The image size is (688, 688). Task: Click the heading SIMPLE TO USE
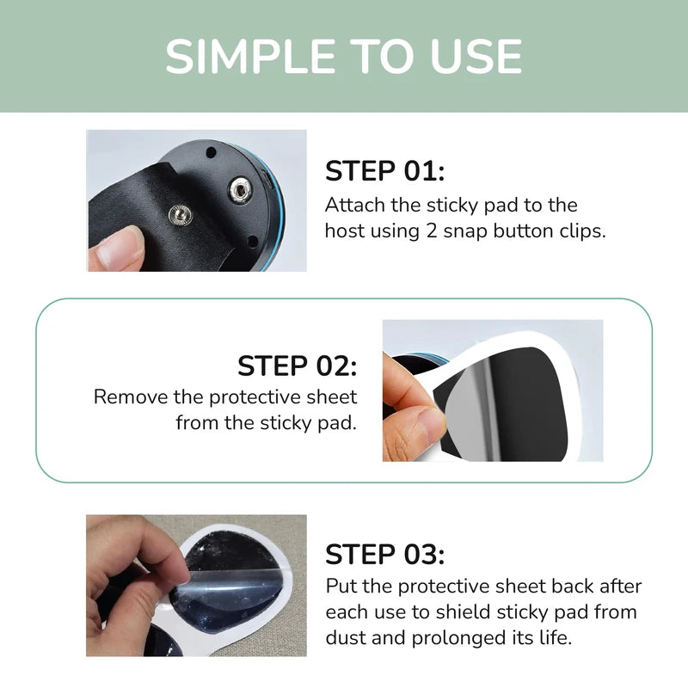[344, 56]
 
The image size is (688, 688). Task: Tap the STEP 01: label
[384, 171]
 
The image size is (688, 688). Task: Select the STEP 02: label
[297, 365]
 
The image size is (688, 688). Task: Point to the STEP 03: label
[384, 555]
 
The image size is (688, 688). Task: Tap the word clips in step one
[584, 231]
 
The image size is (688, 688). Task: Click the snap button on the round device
[239, 190]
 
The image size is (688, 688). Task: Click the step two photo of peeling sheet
[492, 390]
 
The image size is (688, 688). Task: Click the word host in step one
[344, 231]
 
